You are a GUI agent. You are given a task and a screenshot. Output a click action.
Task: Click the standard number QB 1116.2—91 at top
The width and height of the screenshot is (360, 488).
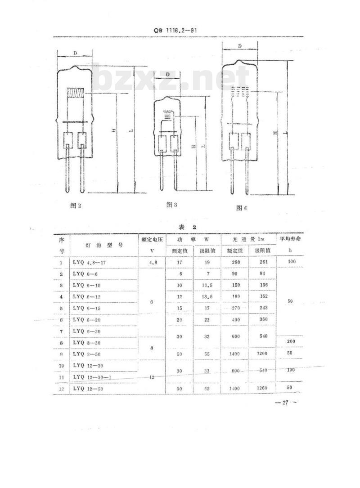[x=176, y=31]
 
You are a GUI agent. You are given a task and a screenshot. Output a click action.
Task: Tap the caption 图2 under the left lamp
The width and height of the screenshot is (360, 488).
[x=76, y=205]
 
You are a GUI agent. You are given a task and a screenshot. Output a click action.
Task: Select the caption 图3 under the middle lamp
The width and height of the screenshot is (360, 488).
[x=171, y=205]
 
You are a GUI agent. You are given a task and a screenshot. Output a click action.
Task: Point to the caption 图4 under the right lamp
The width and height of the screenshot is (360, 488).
[x=242, y=207]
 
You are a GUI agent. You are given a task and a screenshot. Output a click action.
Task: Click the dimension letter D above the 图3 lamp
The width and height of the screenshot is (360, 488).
[x=167, y=74]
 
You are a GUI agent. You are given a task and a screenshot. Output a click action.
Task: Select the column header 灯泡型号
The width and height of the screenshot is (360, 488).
[x=104, y=245]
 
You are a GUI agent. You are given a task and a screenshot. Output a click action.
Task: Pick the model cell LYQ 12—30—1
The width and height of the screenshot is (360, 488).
[x=93, y=376]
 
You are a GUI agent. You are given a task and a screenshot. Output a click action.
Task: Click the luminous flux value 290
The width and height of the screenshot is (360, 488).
[x=234, y=261]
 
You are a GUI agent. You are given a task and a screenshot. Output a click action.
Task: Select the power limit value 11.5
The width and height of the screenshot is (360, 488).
[x=207, y=285]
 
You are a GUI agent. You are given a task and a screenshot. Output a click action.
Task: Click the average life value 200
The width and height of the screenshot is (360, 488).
[x=290, y=342]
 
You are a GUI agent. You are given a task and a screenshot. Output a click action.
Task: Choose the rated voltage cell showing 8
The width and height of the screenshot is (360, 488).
[x=152, y=348]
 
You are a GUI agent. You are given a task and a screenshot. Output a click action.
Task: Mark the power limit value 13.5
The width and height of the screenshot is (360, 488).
[x=207, y=296]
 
